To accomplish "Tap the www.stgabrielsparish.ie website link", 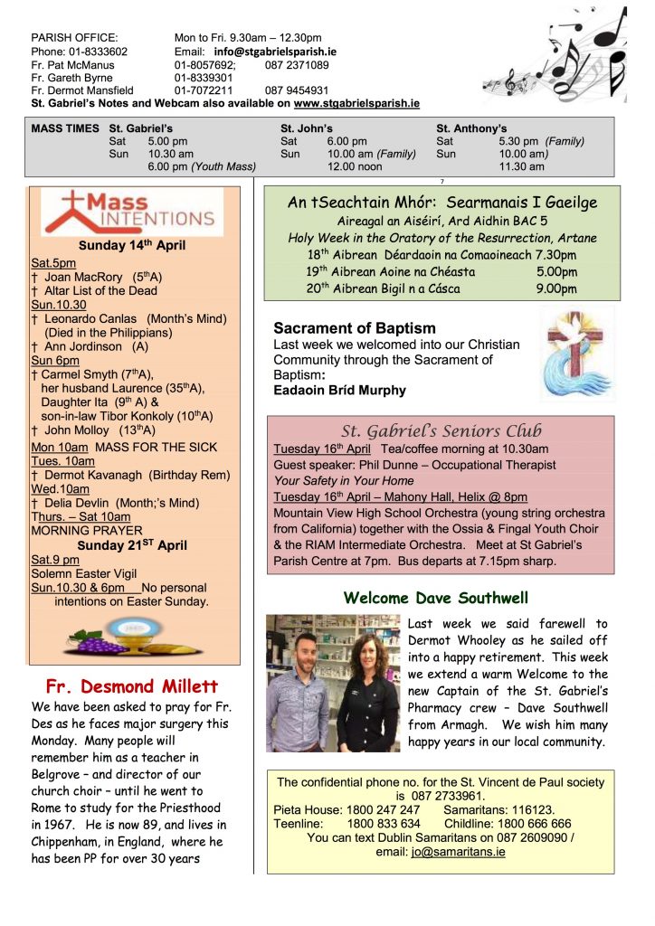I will point(356,104).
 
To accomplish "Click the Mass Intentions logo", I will point(133,212).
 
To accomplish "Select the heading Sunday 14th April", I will point(133,246).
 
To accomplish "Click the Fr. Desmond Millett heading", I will point(134,685).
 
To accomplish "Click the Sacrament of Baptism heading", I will point(355,328).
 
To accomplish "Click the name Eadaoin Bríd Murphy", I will point(339,391).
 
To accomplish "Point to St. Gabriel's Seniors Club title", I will point(440,430).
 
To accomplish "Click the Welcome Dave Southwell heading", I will point(436,598).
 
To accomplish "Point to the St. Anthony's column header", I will point(471,128).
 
